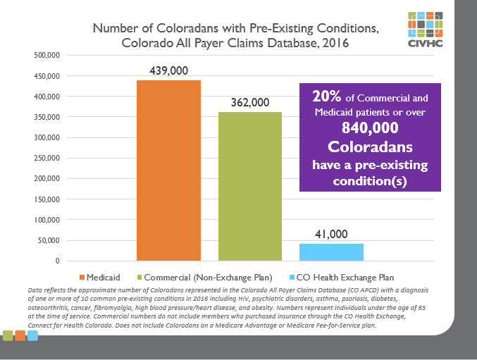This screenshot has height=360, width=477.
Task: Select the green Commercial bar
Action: coord(250,187)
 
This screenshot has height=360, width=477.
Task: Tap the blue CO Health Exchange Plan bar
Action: coord(331,252)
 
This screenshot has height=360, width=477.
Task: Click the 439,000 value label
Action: coord(168,71)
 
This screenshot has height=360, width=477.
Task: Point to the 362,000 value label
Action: coord(250,103)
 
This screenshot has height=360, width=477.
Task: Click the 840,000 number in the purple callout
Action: coord(370,129)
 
